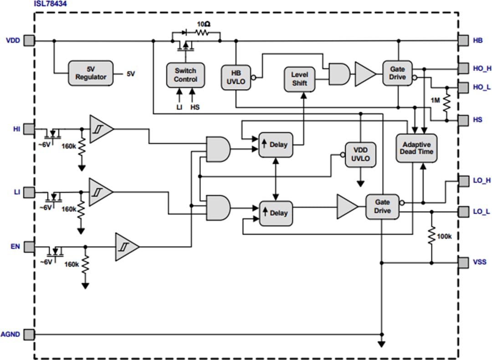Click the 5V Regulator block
point(90,73)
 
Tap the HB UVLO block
point(236,78)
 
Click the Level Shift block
point(300,78)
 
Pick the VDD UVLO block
point(360,155)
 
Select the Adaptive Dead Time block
point(416,148)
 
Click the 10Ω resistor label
point(204,24)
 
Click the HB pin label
point(477,41)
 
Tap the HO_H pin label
point(482,69)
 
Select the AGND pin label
point(10,334)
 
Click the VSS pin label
point(480,262)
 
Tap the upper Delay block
point(275,145)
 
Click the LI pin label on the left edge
point(16,191)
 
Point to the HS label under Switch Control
point(195,108)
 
